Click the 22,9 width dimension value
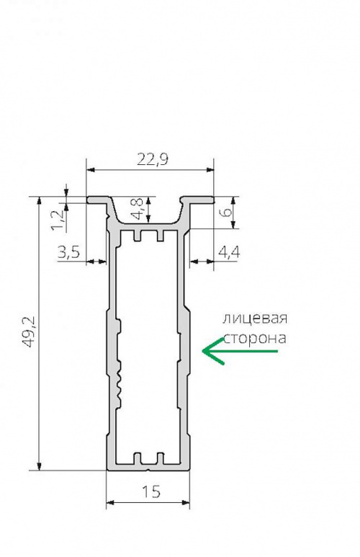(x=153, y=159)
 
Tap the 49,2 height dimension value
(x=27, y=332)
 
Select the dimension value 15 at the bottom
(x=151, y=491)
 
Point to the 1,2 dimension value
(x=58, y=220)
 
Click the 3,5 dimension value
(x=69, y=252)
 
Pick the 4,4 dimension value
(x=229, y=252)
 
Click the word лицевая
(x=255, y=318)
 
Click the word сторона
(x=255, y=338)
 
